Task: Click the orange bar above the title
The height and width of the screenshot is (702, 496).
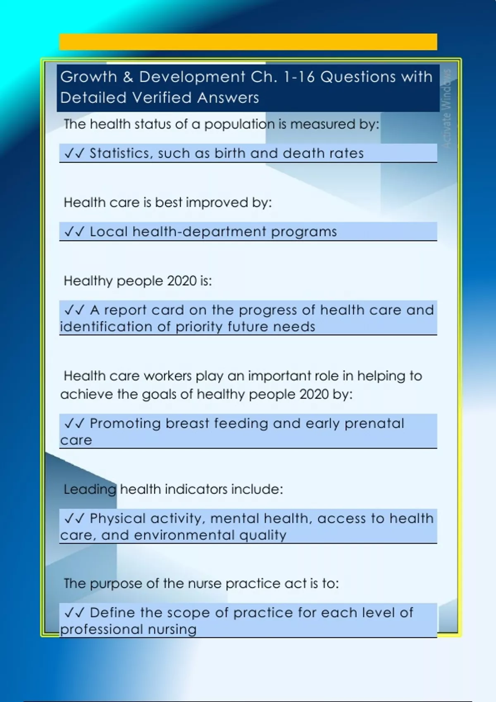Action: [248, 42]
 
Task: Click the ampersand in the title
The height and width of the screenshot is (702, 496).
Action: [128, 77]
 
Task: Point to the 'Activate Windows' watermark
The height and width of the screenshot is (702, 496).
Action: [447, 109]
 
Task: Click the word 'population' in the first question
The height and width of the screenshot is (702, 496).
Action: [239, 125]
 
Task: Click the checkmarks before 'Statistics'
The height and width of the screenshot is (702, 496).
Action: [75, 153]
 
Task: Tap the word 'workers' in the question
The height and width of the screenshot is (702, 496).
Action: [167, 376]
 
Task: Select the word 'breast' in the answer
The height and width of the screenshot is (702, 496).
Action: [187, 423]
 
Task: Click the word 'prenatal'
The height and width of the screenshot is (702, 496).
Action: [374, 424]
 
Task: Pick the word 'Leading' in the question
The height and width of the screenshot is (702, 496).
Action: [90, 489]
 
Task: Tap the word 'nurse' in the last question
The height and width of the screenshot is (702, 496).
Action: [205, 584]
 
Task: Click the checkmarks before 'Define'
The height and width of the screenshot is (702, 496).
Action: [75, 613]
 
